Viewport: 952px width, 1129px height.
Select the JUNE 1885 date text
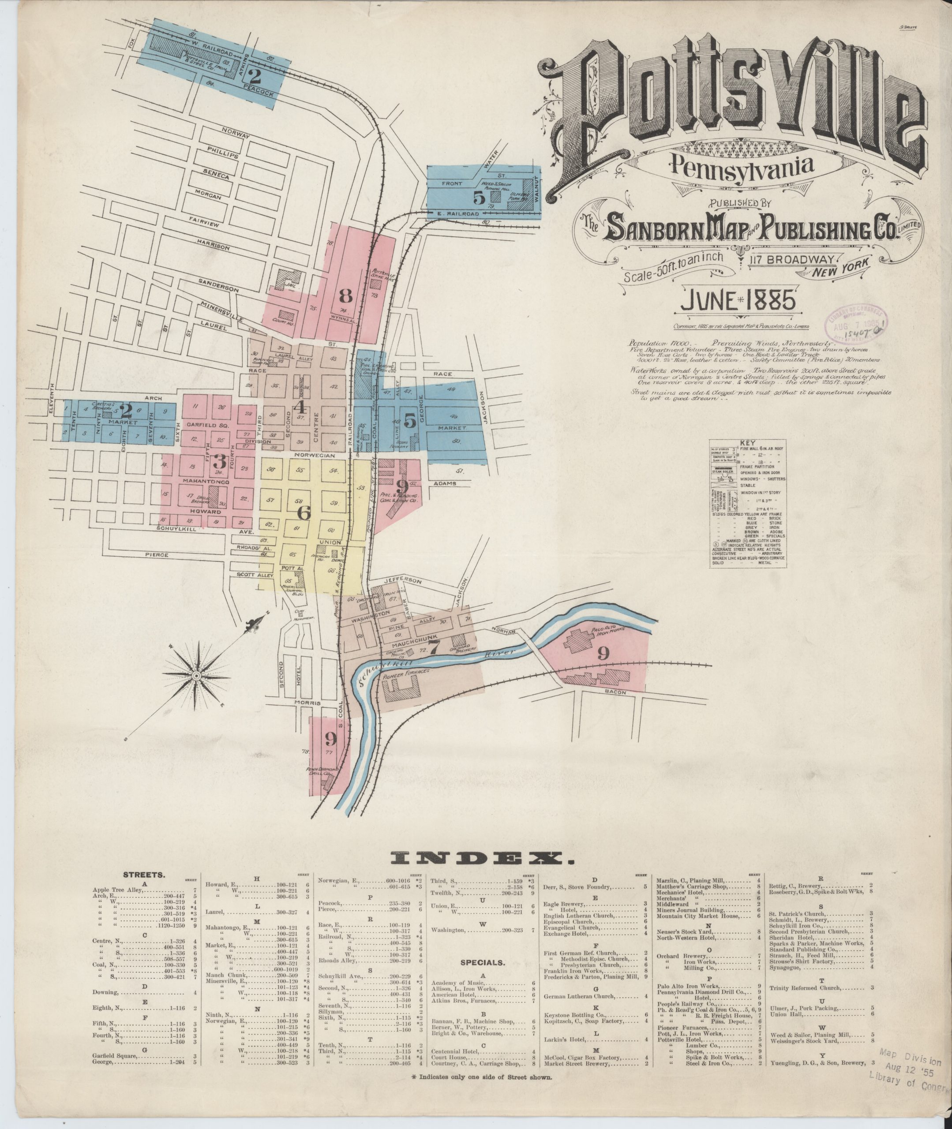pyautogui.click(x=737, y=300)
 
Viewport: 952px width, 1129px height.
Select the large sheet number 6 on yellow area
pyautogui.click(x=304, y=513)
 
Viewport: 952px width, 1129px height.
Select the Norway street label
pyautogui.click(x=236, y=133)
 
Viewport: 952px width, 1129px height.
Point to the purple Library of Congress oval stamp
pyautogui.click(x=856, y=325)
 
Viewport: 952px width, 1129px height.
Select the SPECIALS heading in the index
pyautogui.click(x=483, y=962)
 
